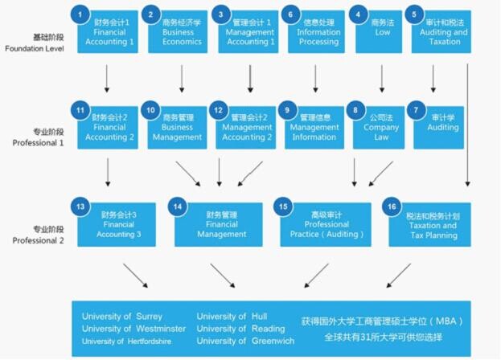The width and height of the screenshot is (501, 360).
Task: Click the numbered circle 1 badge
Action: point(80,14)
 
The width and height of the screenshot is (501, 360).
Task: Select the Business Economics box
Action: point(178,31)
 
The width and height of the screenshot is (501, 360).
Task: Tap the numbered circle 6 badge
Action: point(290,14)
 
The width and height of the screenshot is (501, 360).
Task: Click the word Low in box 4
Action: point(383,32)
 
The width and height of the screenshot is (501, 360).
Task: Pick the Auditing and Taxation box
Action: point(441,31)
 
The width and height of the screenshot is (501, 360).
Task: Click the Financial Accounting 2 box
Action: point(108,128)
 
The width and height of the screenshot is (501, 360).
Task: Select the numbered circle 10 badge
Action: point(150,110)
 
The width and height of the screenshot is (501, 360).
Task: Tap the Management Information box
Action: point(314,128)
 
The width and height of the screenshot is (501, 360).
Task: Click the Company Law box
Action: point(379,128)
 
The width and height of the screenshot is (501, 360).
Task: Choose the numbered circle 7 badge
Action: point(416,110)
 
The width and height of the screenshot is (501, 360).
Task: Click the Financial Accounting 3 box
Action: point(117,224)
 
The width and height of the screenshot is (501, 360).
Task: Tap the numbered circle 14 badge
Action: point(178,207)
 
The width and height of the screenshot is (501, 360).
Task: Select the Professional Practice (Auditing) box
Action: point(326,224)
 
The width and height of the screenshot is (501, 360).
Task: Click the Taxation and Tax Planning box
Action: point(429,224)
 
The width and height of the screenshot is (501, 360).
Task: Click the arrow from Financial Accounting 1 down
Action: point(107,79)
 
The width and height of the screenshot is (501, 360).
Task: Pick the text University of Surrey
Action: point(122,317)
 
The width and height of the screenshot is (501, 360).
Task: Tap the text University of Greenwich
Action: point(245,341)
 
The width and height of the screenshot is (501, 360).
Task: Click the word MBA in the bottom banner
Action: point(446,321)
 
